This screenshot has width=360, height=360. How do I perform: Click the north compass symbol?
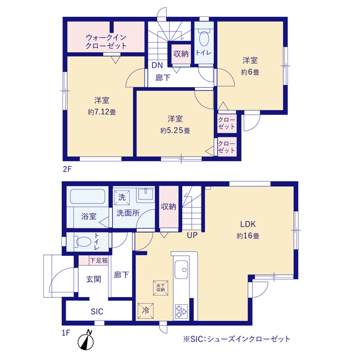click(x=85, y=340)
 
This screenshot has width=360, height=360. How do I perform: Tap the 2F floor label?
click(x=67, y=169)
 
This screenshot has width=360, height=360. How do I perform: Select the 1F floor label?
click(x=66, y=333)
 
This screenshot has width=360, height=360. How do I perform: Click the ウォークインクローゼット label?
click(x=106, y=42)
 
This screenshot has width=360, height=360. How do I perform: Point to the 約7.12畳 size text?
click(x=102, y=112)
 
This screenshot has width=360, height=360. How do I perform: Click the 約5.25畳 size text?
click(x=175, y=130)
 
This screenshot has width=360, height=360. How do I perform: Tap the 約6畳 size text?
click(x=250, y=73)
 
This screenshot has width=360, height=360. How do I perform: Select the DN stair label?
click(x=157, y=65)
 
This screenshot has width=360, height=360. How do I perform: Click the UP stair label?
click(x=192, y=235)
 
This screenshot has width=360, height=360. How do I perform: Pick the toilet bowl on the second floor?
click(x=204, y=38)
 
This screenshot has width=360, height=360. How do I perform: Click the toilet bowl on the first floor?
click(x=84, y=242)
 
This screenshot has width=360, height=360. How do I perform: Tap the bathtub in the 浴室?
click(x=88, y=196)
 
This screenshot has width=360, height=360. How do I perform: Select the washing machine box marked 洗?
click(x=122, y=197)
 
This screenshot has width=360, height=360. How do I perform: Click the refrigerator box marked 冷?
click(x=146, y=310)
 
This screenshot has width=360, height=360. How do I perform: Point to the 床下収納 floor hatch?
click(x=160, y=287)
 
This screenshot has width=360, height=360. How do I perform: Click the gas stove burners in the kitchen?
click(x=181, y=312)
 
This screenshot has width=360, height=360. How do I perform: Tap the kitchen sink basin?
click(x=181, y=270)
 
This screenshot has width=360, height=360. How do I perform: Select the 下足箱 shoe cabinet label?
click(x=99, y=260)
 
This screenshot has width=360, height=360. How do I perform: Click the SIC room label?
click(x=97, y=312)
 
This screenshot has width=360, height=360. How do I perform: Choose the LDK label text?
click(x=248, y=224)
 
